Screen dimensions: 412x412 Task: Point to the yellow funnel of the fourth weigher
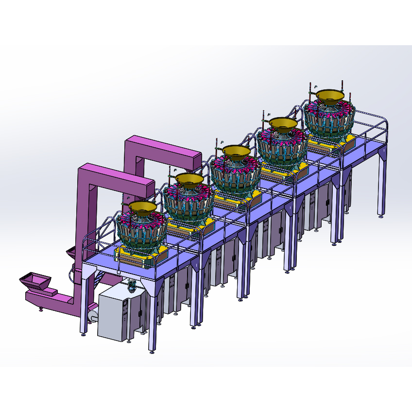283,124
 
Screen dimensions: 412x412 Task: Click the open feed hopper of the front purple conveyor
34,280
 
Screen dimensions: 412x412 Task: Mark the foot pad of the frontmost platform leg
153,351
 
